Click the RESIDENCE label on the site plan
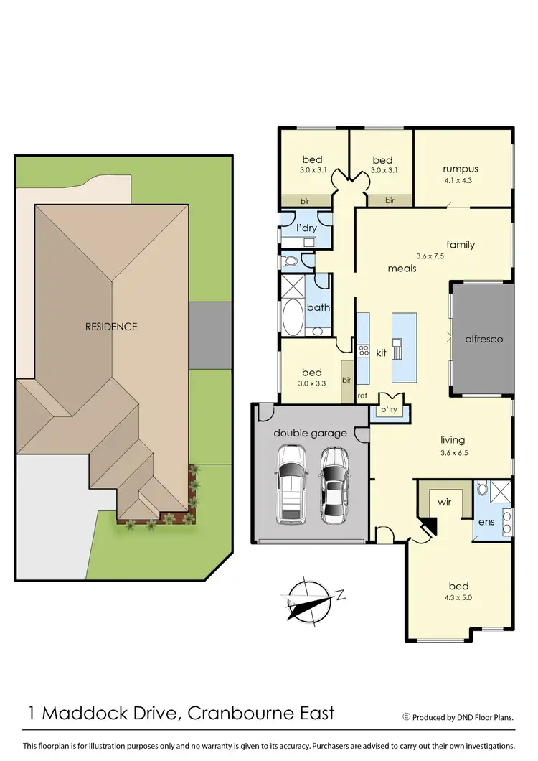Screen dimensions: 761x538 pos(111,327)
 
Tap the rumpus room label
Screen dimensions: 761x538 pos(461,169)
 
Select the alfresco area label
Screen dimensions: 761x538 pos(484,339)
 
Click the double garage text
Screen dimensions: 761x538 pos(310,433)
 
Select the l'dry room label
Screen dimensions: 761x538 pos(306,228)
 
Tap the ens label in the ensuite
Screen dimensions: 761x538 pos(486,521)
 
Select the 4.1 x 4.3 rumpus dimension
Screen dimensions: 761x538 pos(460,182)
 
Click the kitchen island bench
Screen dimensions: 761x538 pos(404,347)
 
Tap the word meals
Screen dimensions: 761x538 pos(402,269)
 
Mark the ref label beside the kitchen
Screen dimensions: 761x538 pos(362,395)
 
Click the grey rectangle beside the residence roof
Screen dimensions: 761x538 pos(210,333)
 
